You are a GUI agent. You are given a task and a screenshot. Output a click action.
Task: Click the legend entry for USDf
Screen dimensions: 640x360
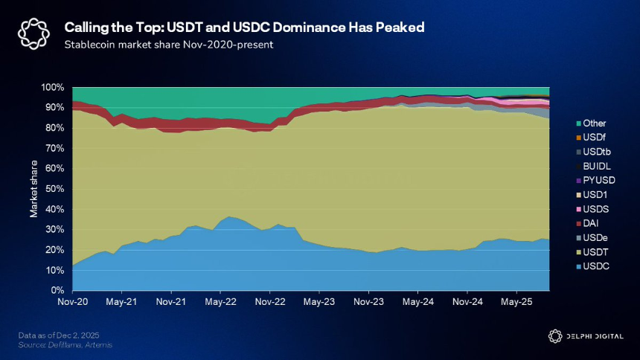[x=591, y=138]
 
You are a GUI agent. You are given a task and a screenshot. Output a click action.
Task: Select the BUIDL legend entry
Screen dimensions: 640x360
[x=593, y=166]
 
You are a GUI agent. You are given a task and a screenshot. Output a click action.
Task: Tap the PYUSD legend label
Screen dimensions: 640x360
[x=599, y=181]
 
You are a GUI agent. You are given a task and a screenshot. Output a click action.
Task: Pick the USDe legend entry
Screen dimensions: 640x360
[x=592, y=237]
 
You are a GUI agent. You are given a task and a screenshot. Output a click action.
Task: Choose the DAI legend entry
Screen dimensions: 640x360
[x=587, y=223]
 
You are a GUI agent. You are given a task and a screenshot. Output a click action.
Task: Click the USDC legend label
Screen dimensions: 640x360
[x=596, y=266]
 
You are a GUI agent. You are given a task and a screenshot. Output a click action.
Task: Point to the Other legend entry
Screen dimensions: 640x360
[x=591, y=123]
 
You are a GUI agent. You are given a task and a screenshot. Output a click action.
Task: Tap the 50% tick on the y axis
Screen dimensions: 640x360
[x=54, y=189]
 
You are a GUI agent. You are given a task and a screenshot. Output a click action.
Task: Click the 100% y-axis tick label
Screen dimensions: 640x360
[x=52, y=87]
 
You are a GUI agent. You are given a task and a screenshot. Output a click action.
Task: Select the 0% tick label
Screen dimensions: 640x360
[x=57, y=291]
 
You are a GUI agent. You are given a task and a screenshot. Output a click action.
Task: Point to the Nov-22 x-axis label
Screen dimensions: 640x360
[x=270, y=302]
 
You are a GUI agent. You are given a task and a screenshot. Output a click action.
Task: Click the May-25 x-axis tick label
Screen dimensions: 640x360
[x=516, y=302]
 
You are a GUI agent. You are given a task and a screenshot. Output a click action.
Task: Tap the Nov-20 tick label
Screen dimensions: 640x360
[x=73, y=302]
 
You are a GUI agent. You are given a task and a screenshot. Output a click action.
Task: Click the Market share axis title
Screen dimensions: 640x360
[x=33, y=189]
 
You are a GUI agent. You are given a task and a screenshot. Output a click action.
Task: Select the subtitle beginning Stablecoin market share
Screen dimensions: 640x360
[x=169, y=45]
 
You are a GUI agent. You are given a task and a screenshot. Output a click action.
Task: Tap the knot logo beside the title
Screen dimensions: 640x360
[x=33, y=34]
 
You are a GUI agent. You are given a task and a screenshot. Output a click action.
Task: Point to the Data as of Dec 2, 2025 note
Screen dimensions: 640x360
[x=59, y=335]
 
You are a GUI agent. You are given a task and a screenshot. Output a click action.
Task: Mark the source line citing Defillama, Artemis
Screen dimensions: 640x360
[x=65, y=345]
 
